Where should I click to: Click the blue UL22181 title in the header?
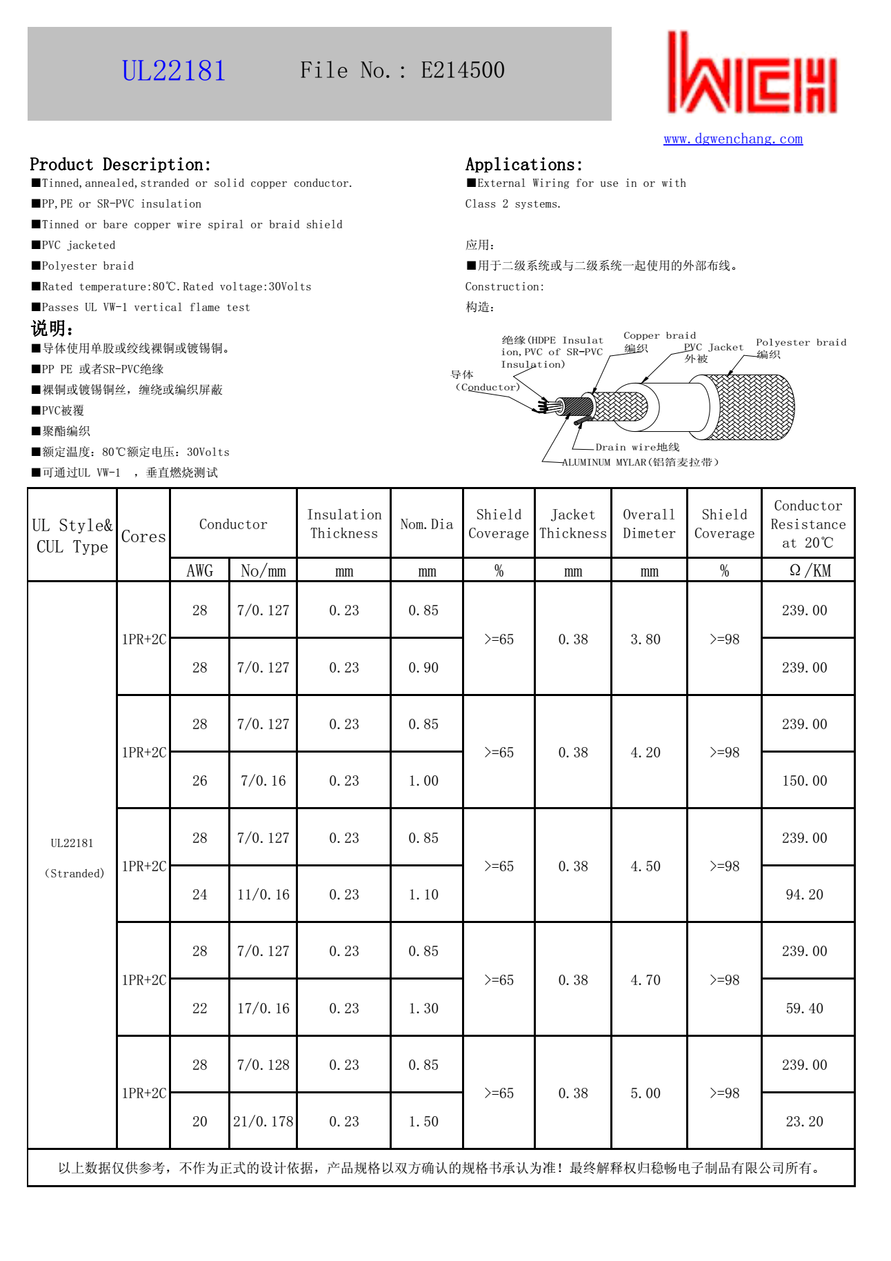(x=174, y=71)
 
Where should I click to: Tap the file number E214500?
(x=462, y=70)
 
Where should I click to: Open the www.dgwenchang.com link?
(x=732, y=139)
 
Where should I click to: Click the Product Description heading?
(x=120, y=164)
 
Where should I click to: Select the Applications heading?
(x=523, y=164)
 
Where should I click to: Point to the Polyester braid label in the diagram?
(x=801, y=342)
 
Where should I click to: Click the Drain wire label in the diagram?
(x=637, y=447)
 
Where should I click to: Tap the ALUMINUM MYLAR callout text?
(x=639, y=462)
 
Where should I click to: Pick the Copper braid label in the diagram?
(x=659, y=336)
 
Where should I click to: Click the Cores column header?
(x=143, y=536)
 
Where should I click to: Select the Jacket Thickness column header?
(x=572, y=524)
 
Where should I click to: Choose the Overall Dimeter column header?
(x=648, y=524)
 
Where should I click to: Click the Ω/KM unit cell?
(x=808, y=570)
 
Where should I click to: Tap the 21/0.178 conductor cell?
(x=263, y=1121)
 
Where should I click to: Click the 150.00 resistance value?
(x=804, y=780)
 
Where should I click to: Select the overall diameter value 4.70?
(x=645, y=980)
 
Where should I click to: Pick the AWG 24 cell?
(x=199, y=894)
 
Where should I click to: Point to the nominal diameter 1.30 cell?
(x=423, y=1008)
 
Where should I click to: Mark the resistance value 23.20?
(x=804, y=1121)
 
